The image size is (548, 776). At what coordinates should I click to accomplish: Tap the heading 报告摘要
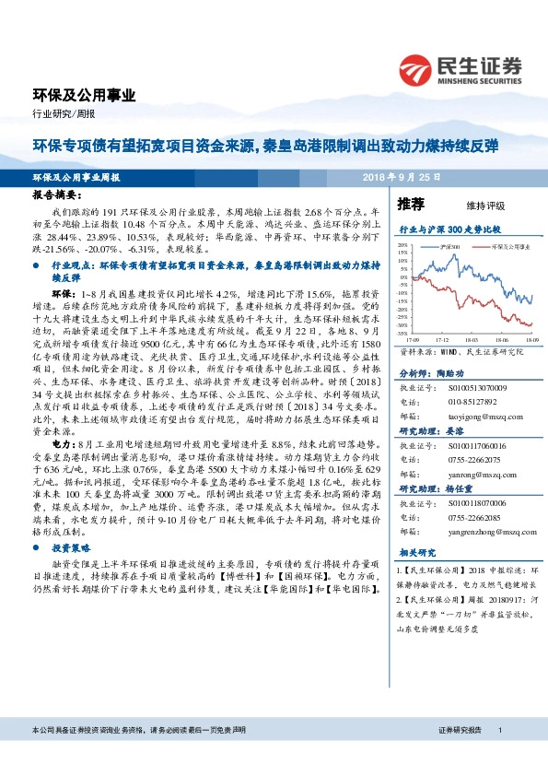pos(57,196)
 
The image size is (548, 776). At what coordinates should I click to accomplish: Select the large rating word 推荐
pos(411,203)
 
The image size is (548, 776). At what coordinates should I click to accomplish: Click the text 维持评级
pos(471,205)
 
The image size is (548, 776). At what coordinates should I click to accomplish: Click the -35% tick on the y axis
pos(402,335)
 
